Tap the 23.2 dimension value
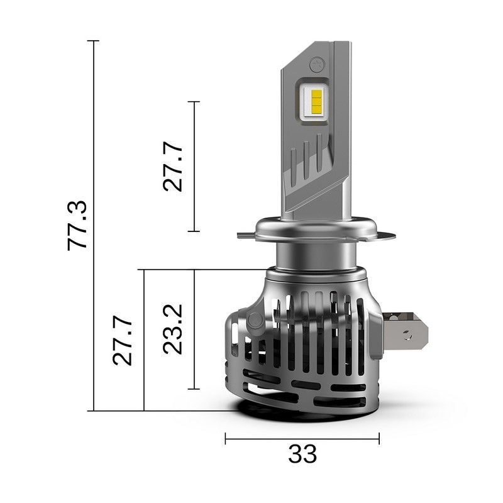coord(174,329)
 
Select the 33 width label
coord(302,453)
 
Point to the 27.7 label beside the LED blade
coord(174,166)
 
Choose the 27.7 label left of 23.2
coord(123,340)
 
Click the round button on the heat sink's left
coord(255,321)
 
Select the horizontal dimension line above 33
coord(302,438)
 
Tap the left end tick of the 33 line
coord(225,438)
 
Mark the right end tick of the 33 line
coord(379,438)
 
